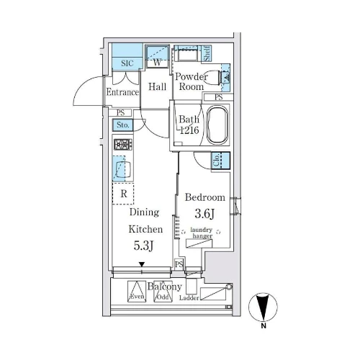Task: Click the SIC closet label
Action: click(127, 63)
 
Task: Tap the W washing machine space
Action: click(158, 57)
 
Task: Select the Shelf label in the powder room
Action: click(207, 53)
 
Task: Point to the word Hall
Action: click(157, 86)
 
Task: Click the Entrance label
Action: click(122, 92)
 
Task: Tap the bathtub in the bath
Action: click(217, 125)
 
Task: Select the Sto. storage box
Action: click(123, 125)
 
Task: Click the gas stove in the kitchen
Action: click(123, 145)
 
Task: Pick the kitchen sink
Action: click(123, 168)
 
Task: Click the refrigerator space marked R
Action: click(123, 194)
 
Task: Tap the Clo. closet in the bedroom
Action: click(221, 161)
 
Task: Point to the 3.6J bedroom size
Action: click(204, 213)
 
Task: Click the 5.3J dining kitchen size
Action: click(143, 246)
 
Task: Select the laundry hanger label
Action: click(202, 233)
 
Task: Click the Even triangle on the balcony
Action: click(137, 291)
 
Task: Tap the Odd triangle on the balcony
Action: click(163, 291)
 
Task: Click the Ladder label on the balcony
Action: click(189, 298)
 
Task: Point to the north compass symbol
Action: click(263, 307)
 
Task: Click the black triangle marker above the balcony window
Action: click(142, 264)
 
